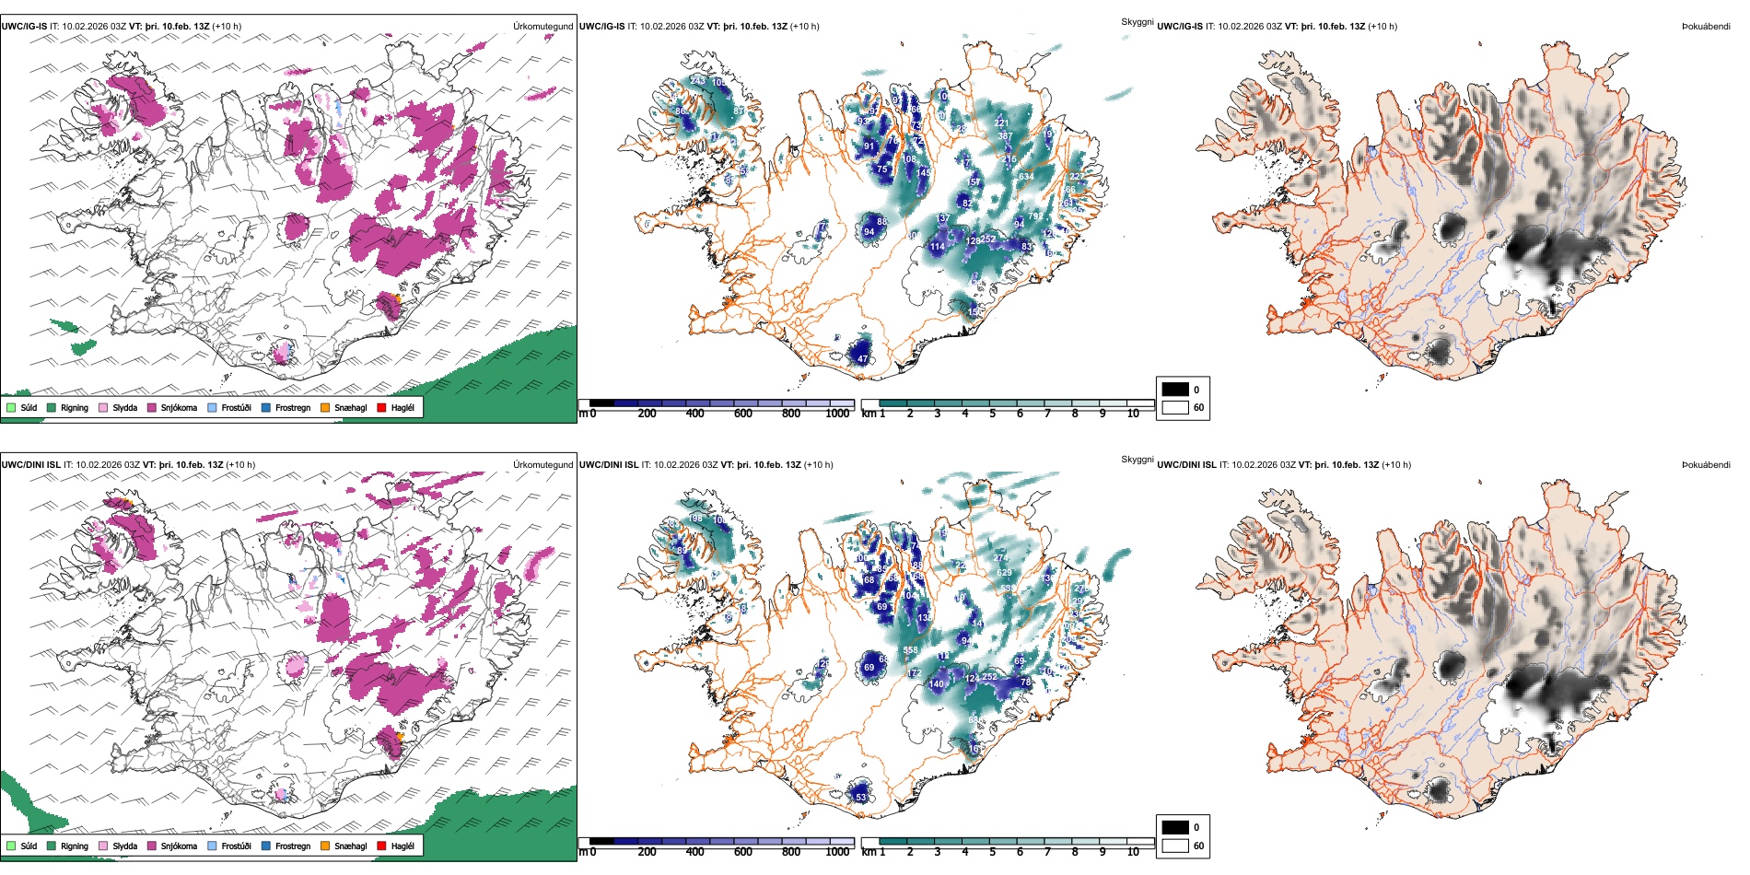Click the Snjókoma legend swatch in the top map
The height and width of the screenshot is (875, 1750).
(152, 407)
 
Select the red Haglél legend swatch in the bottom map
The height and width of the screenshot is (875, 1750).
(382, 846)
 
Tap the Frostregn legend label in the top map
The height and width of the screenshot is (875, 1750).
(292, 407)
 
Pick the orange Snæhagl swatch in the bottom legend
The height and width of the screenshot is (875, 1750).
(326, 846)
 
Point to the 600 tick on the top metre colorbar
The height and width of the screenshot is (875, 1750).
(742, 414)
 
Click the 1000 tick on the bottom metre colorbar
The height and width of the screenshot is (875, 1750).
(837, 852)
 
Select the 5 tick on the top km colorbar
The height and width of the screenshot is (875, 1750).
(992, 414)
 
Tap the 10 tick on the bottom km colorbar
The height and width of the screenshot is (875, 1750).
(1133, 852)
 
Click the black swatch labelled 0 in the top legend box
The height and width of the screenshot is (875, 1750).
(1175, 390)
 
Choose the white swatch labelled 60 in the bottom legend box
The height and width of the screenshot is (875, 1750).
(1175, 846)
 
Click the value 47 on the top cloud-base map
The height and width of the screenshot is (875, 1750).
(863, 359)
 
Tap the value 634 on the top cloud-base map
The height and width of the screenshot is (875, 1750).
(1025, 176)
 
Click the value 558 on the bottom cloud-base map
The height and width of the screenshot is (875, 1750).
(910, 650)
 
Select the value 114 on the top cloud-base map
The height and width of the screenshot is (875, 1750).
(937, 247)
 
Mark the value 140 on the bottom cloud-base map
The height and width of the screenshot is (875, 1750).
(937, 684)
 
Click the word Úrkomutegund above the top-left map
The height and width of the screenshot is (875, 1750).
(542, 27)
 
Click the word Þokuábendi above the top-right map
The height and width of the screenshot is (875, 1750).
(1706, 27)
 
